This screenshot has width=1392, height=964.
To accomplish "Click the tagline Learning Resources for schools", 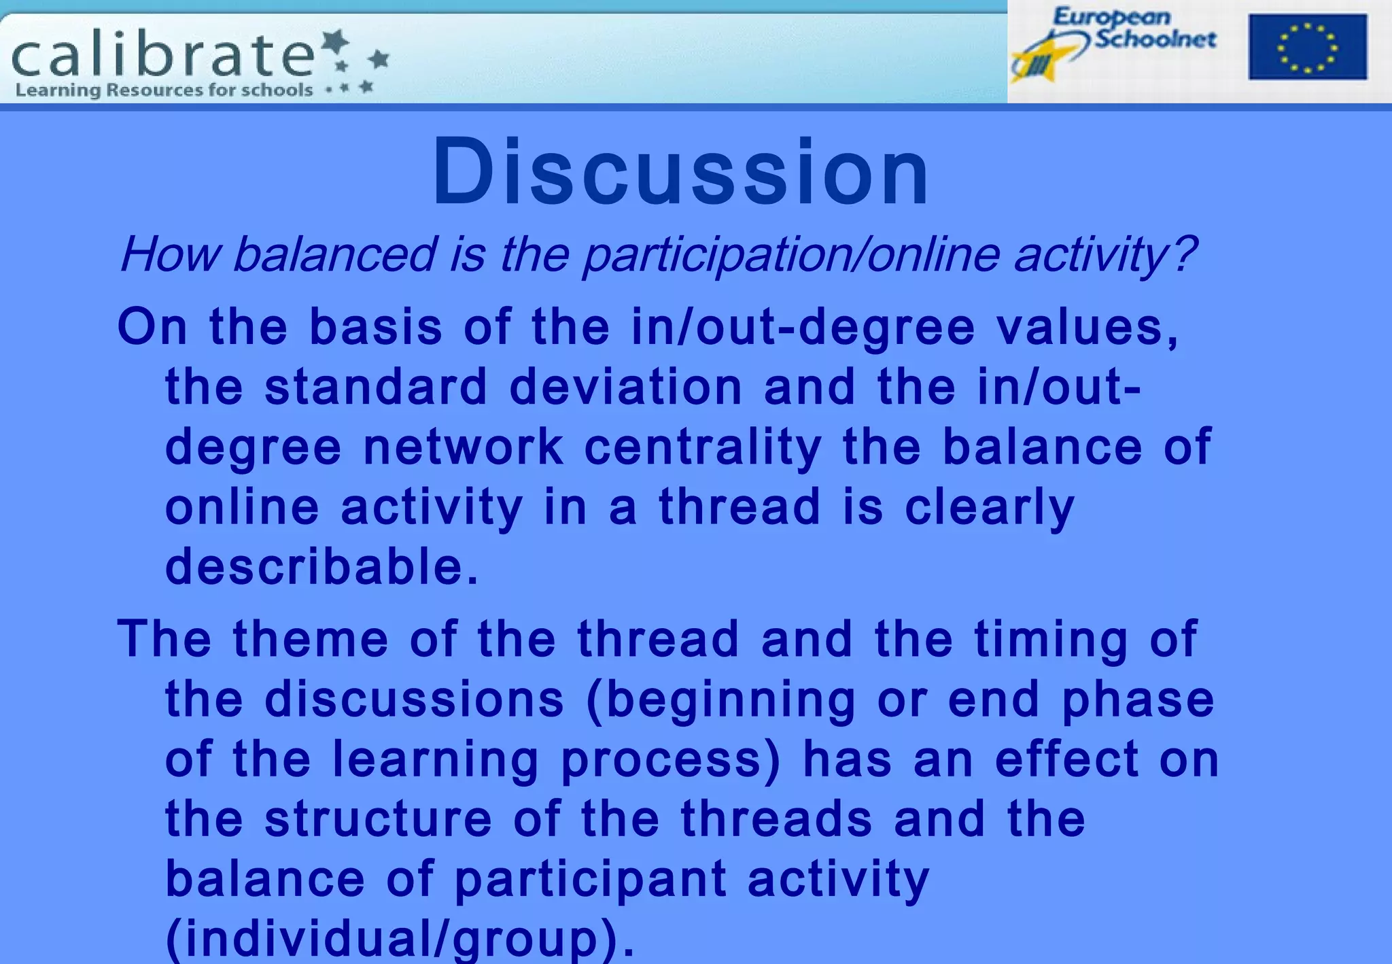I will [164, 90].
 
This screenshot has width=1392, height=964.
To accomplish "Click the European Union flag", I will [1307, 47].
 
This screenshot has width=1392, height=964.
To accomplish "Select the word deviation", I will [625, 387].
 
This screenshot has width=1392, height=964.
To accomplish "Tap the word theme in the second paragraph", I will [311, 639].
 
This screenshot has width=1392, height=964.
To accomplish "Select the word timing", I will [1051, 639].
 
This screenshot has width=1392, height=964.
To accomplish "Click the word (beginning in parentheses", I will [720, 700].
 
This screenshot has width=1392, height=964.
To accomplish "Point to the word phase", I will [1138, 700].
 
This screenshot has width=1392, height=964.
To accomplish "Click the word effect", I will [1066, 759].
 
